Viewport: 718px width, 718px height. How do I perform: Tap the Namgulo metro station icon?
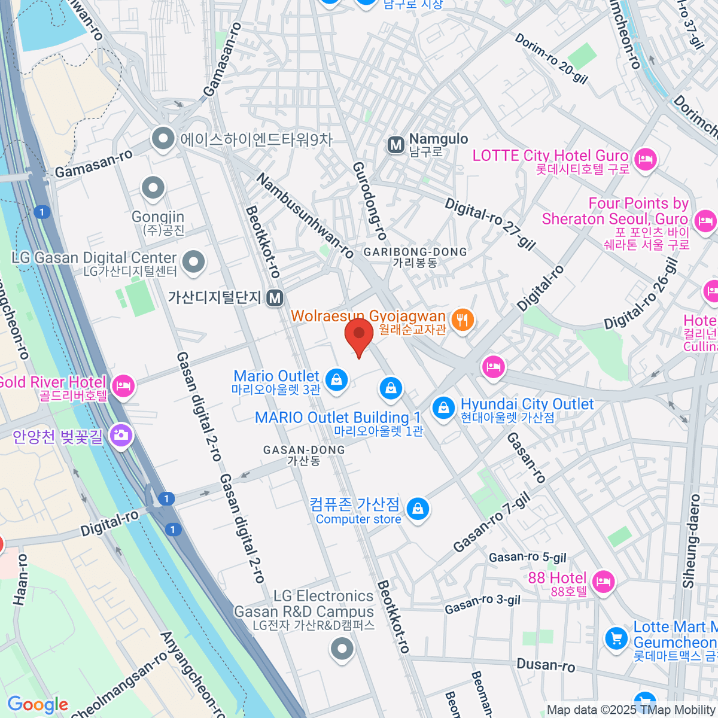pos(395,145)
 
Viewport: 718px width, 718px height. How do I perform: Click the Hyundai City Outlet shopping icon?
pos(443,409)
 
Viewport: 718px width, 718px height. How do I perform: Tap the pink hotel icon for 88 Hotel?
pos(603,581)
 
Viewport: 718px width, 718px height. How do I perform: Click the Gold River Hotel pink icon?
pos(123,386)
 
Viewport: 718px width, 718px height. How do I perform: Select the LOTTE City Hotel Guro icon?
pos(645,160)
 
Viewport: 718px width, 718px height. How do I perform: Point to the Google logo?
pos(38,705)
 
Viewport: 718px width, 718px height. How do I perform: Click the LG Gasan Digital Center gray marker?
pos(193,262)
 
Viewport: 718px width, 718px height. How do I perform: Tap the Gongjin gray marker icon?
pos(153,188)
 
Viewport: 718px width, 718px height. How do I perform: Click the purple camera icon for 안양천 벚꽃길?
pos(121,436)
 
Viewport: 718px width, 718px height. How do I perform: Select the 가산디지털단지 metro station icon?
pos(275,297)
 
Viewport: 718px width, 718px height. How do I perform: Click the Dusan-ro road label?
pos(545,665)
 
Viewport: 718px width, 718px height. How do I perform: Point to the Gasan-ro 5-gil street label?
pos(527,557)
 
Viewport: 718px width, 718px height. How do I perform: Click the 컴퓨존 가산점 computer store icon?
pos(418,509)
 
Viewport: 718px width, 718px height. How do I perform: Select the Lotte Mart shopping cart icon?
pos(616,638)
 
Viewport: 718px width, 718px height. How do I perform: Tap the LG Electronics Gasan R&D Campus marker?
pos(342,648)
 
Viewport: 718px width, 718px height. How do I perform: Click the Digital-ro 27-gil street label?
pos(490,223)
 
